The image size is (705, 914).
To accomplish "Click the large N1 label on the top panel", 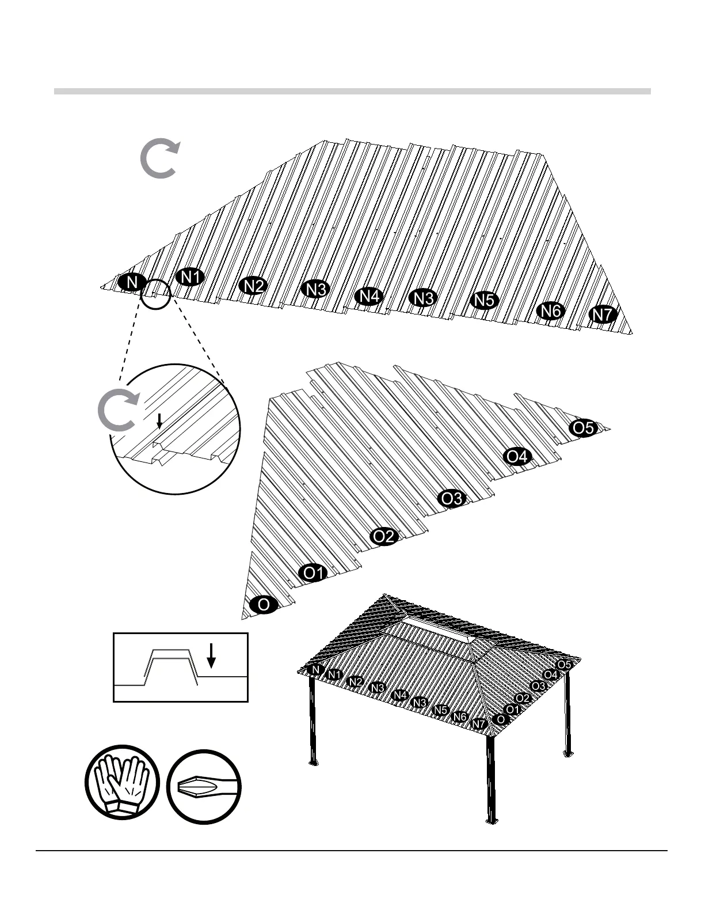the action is (x=190, y=277).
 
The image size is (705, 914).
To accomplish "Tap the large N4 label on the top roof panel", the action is (x=369, y=296).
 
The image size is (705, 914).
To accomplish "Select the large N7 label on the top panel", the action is (x=603, y=315).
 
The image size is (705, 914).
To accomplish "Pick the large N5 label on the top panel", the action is (x=485, y=300).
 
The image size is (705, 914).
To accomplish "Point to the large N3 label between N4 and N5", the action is (x=424, y=298).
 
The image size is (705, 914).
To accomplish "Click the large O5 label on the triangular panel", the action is (x=583, y=428).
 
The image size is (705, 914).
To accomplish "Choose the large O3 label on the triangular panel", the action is (x=452, y=498).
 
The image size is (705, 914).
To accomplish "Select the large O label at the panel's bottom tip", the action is (x=264, y=605).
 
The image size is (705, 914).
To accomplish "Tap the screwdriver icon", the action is (x=204, y=787).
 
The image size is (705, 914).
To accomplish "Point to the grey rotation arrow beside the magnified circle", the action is (x=118, y=411).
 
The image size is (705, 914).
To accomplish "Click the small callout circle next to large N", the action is (x=156, y=294).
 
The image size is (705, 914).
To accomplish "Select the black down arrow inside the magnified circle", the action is (x=159, y=421).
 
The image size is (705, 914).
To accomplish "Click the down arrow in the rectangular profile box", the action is (x=211, y=655).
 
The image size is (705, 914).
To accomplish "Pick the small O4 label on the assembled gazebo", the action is (x=551, y=674).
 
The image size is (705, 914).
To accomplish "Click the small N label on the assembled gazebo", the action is (x=315, y=670).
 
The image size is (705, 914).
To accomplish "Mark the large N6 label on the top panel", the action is (x=550, y=311).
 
